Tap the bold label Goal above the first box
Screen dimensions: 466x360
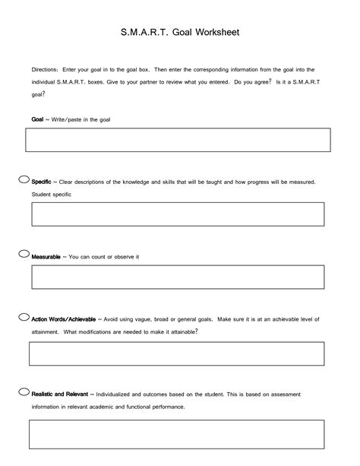tap(36, 120)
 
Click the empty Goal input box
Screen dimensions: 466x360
tap(178, 140)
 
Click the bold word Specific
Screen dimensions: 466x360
tap(41, 182)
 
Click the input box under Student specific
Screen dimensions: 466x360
tap(178, 214)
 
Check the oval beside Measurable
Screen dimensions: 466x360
tap(23, 254)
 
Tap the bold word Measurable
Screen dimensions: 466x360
tap(46, 257)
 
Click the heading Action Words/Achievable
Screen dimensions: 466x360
tap(68, 319)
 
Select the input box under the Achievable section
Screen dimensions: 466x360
tap(177, 353)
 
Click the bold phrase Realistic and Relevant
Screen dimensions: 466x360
tap(59, 395)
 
